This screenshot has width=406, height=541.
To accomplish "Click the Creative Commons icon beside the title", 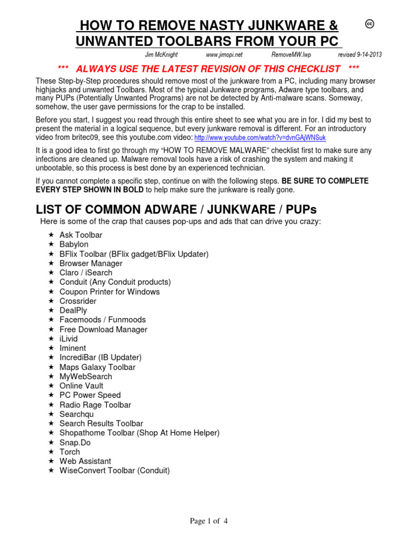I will (x=370, y=24).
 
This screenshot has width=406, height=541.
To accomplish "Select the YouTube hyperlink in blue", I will (x=260, y=138).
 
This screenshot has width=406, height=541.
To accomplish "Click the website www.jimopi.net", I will (x=224, y=55).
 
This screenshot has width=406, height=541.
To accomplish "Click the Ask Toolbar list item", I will (x=81, y=235).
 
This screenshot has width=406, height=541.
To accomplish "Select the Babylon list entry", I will (x=74, y=244).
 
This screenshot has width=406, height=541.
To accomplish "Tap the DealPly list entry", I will (x=73, y=310).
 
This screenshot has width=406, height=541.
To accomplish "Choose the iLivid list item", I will (x=69, y=339).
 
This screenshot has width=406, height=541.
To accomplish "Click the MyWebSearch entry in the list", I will (x=86, y=376).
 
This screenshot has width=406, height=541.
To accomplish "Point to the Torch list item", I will (x=70, y=452).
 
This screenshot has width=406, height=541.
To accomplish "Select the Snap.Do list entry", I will (x=75, y=442).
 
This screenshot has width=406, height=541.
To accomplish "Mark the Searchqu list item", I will (x=77, y=414).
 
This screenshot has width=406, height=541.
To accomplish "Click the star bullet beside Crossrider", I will (x=51, y=301).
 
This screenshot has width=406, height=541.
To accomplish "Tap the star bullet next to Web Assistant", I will (x=51, y=461).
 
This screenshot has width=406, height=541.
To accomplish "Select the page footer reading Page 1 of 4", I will (x=209, y=521).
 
